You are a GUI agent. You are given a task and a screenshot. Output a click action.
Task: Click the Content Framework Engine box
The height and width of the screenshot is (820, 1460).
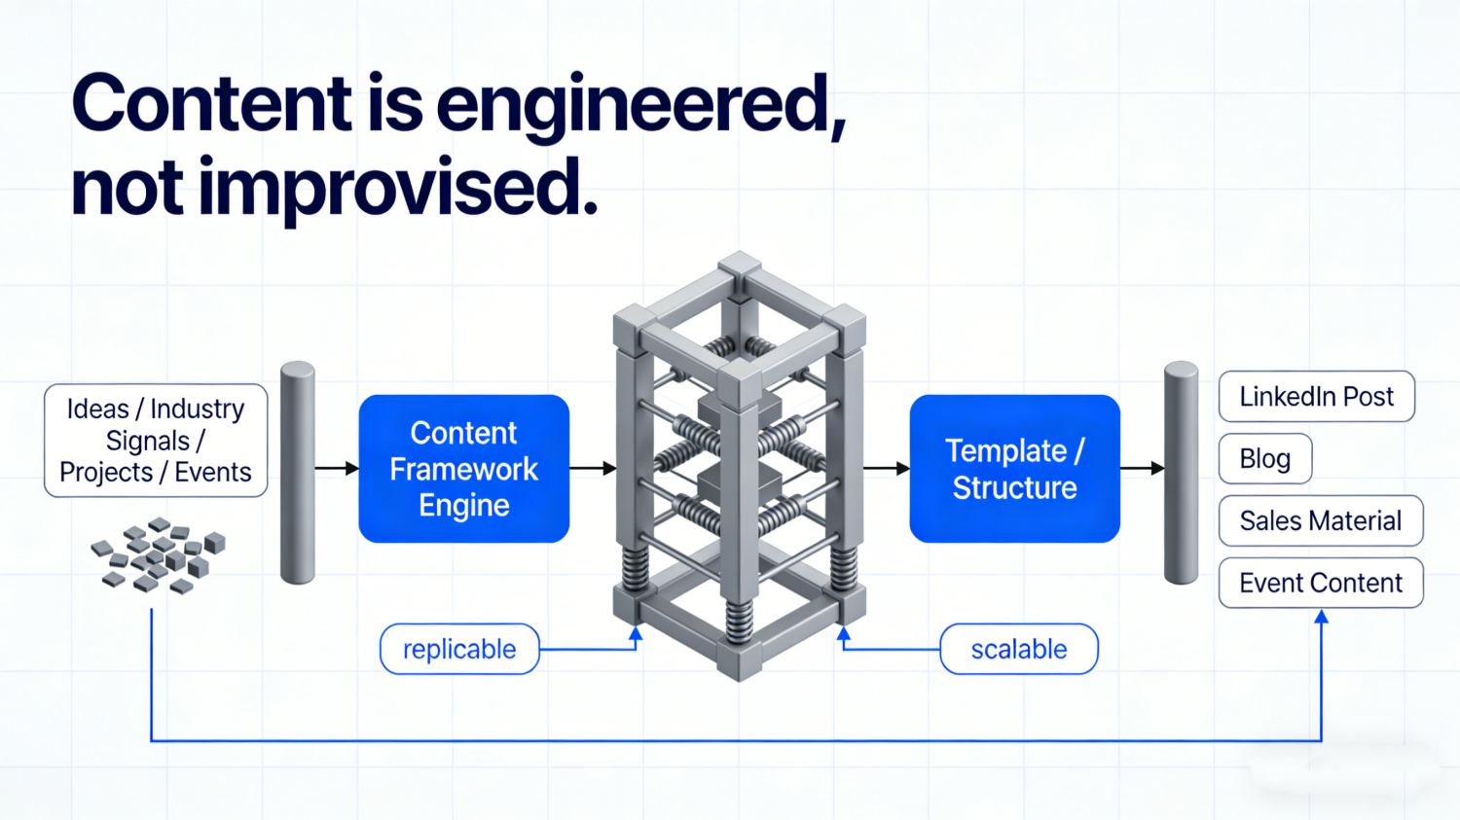pyautogui.click(x=463, y=469)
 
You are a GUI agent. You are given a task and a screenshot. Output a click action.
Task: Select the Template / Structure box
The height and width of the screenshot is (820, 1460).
pyautogui.click(x=1014, y=469)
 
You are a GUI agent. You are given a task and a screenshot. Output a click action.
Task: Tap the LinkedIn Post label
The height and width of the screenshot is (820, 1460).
pyautogui.click(x=1316, y=397)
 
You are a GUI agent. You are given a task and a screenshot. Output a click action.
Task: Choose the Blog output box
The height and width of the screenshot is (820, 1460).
pyautogui.click(x=1265, y=458)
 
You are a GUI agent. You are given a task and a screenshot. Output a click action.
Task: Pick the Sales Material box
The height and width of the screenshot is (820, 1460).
pyautogui.click(x=1320, y=521)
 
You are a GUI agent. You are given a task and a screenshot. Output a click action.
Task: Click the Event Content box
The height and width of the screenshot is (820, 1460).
pyautogui.click(x=1320, y=583)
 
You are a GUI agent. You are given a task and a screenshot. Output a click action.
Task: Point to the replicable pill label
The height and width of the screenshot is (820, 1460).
pyautogui.click(x=459, y=649)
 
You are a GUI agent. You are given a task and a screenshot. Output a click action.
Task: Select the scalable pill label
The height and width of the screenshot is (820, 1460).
pyautogui.click(x=1018, y=649)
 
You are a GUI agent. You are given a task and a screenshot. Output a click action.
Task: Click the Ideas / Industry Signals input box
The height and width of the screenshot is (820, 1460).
pyautogui.click(x=156, y=441)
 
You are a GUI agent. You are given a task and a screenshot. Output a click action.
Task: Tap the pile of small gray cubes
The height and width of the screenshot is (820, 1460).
pyautogui.click(x=158, y=555)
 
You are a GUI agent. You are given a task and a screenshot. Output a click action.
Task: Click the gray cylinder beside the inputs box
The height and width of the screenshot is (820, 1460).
pyautogui.click(x=298, y=473)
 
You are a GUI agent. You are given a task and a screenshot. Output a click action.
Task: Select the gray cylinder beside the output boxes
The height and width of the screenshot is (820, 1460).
pyautogui.click(x=1182, y=473)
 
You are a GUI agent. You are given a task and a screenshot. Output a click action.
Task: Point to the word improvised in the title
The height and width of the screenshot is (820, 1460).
pyautogui.click(x=397, y=187)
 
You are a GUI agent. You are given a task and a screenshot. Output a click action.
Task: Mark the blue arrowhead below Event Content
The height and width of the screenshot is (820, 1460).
pyautogui.click(x=1321, y=618)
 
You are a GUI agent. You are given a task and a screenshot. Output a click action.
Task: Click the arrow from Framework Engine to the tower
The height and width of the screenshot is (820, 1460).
pyautogui.click(x=593, y=469)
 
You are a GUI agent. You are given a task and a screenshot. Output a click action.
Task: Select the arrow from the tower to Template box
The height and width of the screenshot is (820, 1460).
pyautogui.click(x=886, y=469)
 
